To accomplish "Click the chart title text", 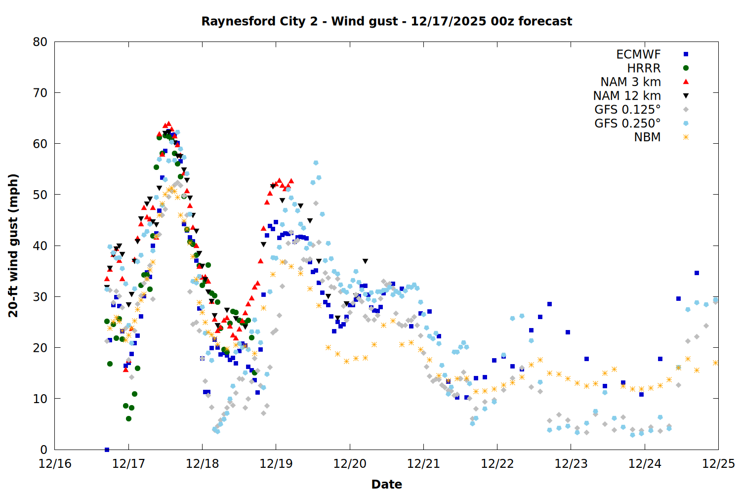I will point(386,21).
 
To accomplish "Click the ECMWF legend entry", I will point(638,54).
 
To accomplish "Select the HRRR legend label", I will point(644,68).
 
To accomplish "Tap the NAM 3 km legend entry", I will point(630,82).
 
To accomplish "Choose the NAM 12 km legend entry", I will point(627,96).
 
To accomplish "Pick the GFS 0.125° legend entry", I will point(627,110).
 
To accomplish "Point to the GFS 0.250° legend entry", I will point(627,123).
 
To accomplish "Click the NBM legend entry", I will point(647,137).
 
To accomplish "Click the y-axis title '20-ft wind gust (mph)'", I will point(13,246).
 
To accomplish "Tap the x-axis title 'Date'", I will point(386,484).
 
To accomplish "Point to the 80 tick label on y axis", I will point(40,42).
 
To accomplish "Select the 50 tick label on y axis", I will point(40,195).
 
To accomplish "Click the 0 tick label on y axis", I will point(44,450).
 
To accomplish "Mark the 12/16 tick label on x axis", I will point(55,464).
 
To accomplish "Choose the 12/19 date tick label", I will point(276,464).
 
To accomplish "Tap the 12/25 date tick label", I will point(718,464).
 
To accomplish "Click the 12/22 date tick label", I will point(497,464).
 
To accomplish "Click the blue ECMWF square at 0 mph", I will point(107,450).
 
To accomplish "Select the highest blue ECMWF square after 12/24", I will point(697,273).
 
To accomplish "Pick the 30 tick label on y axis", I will point(40,297).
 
